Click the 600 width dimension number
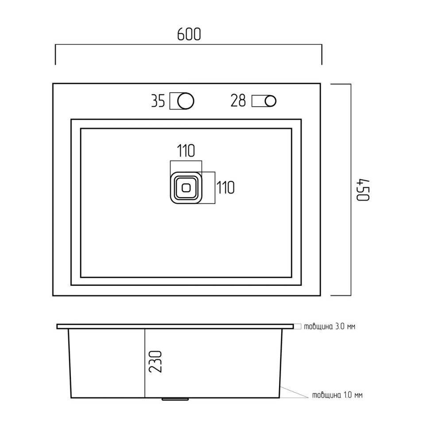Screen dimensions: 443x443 pyautogui.click(x=189, y=35)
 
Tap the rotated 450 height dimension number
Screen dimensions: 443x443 pyautogui.click(x=363, y=190)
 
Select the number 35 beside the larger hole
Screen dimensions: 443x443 pyautogui.click(x=158, y=101)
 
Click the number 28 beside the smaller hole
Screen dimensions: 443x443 pyautogui.click(x=238, y=101)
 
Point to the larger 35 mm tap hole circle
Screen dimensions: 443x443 pyautogui.click(x=186, y=101)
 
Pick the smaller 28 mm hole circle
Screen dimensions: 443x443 pyautogui.click(x=271, y=101)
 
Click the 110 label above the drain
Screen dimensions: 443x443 pyautogui.click(x=186, y=151)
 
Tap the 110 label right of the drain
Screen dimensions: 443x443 pyautogui.click(x=225, y=187)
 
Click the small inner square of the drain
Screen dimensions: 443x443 pyautogui.click(x=186, y=187)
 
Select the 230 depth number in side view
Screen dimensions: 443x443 pyautogui.click(x=155, y=362)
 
